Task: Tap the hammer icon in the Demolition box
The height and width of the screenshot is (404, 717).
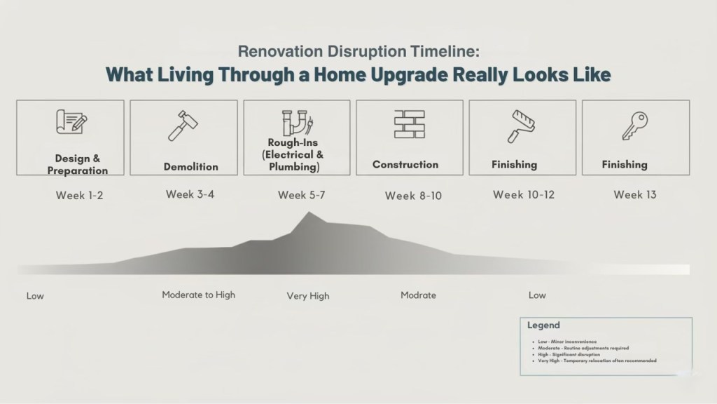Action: click(183, 125)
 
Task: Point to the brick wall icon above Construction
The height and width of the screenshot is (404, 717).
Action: click(409, 124)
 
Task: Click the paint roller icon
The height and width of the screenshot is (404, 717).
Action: click(522, 126)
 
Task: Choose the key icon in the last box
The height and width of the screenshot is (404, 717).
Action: click(634, 126)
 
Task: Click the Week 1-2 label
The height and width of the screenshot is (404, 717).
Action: click(80, 196)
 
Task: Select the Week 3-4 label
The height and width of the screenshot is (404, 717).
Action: click(190, 194)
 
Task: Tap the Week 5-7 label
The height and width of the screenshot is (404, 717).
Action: click(301, 195)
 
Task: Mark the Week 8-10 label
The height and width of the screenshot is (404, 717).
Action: click(413, 196)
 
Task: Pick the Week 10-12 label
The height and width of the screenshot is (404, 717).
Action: click(523, 194)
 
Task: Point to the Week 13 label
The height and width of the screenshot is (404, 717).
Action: click(634, 194)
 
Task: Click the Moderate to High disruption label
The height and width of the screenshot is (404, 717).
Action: click(198, 295)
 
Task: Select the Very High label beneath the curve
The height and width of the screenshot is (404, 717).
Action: click(307, 295)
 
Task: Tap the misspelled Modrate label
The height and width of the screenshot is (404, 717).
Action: click(418, 295)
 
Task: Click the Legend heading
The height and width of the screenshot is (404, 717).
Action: click(544, 325)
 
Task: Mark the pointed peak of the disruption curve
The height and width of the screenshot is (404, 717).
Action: click(307, 211)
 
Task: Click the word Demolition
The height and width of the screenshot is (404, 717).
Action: click(190, 167)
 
